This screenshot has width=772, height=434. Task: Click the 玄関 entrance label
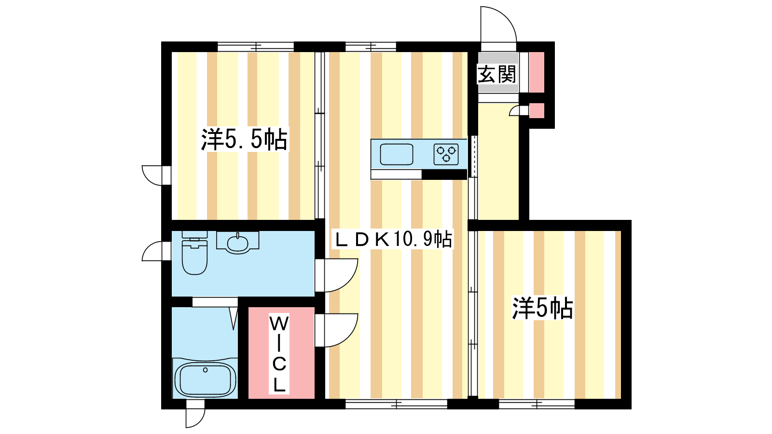(x=496, y=74)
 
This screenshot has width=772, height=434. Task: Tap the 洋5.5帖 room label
(x=244, y=139)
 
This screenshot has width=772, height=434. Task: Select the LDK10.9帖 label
(x=393, y=239)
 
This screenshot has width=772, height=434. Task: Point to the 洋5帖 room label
(x=542, y=308)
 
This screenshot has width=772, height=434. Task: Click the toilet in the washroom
(x=195, y=253)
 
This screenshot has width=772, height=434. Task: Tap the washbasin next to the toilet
(x=237, y=243)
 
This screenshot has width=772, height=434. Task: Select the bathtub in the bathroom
(x=205, y=379)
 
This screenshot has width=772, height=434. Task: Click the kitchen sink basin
(x=396, y=154)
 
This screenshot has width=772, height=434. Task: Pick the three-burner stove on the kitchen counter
(x=446, y=154)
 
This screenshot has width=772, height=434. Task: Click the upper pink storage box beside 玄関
(x=537, y=72)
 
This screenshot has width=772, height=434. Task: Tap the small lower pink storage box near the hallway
(x=537, y=110)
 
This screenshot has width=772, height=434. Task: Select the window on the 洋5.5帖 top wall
(x=255, y=46)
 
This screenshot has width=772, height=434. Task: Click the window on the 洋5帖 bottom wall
(x=537, y=404)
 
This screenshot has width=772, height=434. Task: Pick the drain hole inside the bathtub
(x=206, y=370)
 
